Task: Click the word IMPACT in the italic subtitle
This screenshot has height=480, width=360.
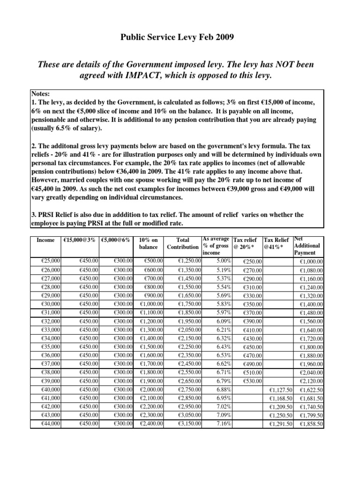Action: (x=165, y=76)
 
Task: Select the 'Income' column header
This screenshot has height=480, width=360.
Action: (x=45, y=240)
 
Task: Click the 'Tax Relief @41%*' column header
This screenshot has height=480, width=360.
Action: (x=277, y=243)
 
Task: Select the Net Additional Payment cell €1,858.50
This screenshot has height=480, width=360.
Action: (x=311, y=424)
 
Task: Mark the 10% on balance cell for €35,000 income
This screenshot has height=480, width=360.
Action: (x=151, y=347)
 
